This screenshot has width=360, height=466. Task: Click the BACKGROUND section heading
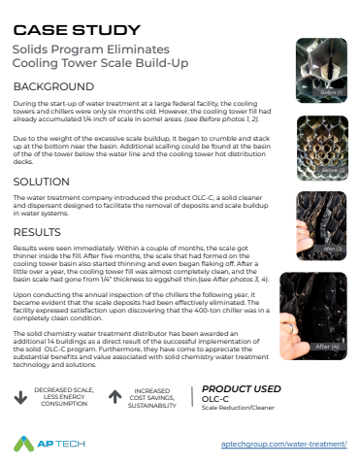56,86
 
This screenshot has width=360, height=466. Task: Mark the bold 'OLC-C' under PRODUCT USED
215,398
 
